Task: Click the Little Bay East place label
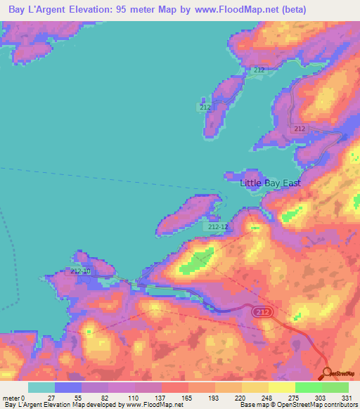270,183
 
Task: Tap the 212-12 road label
218,227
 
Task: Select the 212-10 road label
81,271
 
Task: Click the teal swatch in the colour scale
41,387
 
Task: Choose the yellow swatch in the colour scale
282,387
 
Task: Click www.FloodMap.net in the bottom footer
153,404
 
